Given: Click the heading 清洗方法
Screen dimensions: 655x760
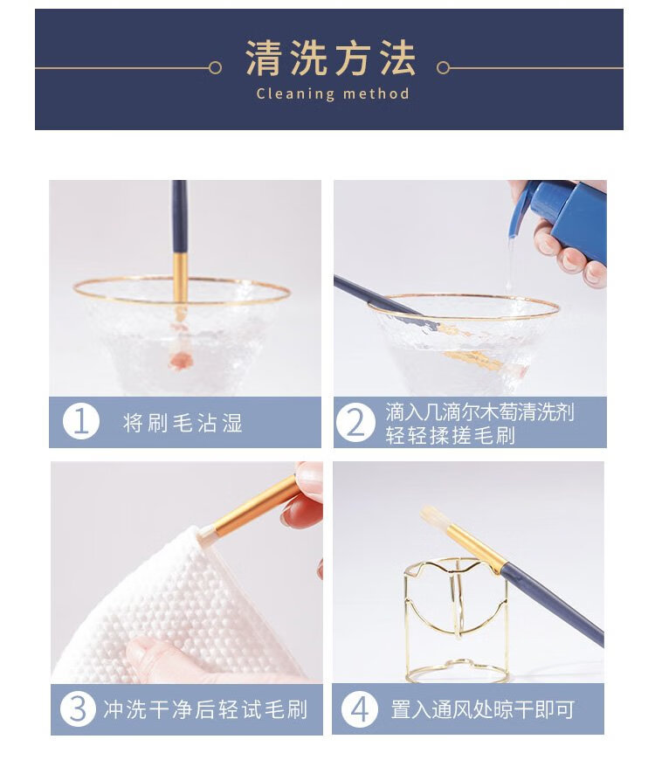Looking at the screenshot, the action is point(330,58).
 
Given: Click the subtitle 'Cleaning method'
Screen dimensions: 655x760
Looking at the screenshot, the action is point(333,93).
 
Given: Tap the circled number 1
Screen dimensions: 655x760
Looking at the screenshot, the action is point(81,421).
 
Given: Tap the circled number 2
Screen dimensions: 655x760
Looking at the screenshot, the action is point(355,423).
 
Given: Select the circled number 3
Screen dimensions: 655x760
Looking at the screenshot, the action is point(79,708).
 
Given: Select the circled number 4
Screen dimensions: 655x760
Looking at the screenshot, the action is point(360,709).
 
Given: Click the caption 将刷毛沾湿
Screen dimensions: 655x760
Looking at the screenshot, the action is point(183,423).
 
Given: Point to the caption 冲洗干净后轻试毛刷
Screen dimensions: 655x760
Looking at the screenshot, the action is point(205,709).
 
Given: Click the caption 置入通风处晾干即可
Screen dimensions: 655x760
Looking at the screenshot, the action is point(483,709).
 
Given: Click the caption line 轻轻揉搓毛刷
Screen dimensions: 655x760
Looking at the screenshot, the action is point(450,435).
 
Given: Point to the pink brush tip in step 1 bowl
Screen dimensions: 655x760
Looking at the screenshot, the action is point(180,360).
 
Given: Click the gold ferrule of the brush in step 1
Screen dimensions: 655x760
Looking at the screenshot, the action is point(180,279).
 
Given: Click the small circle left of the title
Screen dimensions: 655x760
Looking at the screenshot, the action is point(215,68).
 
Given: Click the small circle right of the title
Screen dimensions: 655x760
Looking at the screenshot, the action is point(443,68).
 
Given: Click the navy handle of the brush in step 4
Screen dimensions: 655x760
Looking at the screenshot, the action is point(552,604).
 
